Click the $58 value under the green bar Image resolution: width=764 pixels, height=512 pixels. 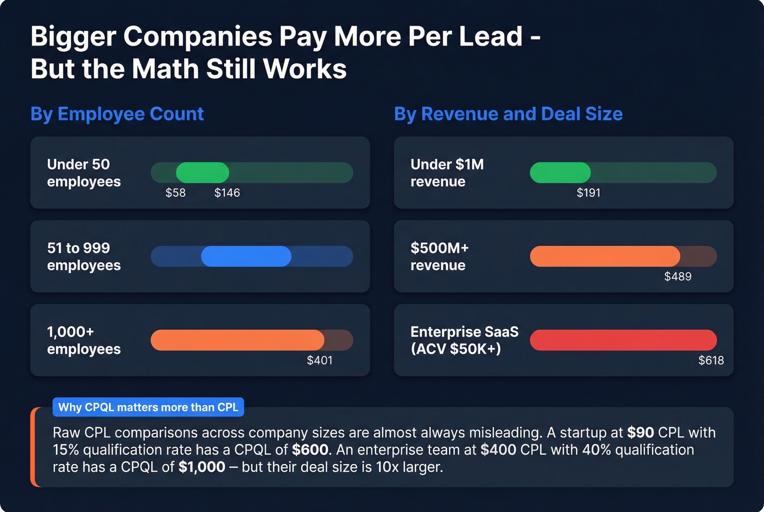click(x=175, y=193)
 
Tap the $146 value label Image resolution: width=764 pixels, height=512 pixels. click(x=227, y=193)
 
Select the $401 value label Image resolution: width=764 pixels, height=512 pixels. click(x=319, y=360)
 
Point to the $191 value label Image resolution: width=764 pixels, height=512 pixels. click(x=588, y=193)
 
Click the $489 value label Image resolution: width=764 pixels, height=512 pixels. click(x=677, y=276)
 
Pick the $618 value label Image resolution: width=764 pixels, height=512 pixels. click(x=711, y=360)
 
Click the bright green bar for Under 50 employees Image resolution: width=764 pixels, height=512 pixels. click(x=202, y=173)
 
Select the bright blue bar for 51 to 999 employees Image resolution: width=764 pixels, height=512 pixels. click(x=246, y=256)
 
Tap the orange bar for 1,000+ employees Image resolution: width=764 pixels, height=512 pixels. click(x=237, y=340)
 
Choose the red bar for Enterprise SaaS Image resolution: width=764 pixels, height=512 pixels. click(x=623, y=340)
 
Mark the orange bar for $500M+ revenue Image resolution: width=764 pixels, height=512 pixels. click(x=605, y=256)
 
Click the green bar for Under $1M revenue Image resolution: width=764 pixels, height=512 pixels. click(x=560, y=173)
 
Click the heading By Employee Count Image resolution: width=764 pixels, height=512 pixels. click(x=117, y=114)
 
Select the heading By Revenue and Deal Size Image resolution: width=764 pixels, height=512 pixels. click(x=508, y=114)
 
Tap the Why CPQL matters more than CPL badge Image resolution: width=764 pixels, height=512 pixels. click(x=148, y=407)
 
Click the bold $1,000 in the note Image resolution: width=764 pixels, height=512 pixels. click(x=201, y=467)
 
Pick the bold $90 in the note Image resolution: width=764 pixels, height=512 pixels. click(x=640, y=433)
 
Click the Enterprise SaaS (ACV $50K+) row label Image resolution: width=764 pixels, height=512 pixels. click(x=464, y=340)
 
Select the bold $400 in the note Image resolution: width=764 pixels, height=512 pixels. click(x=498, y=450)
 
